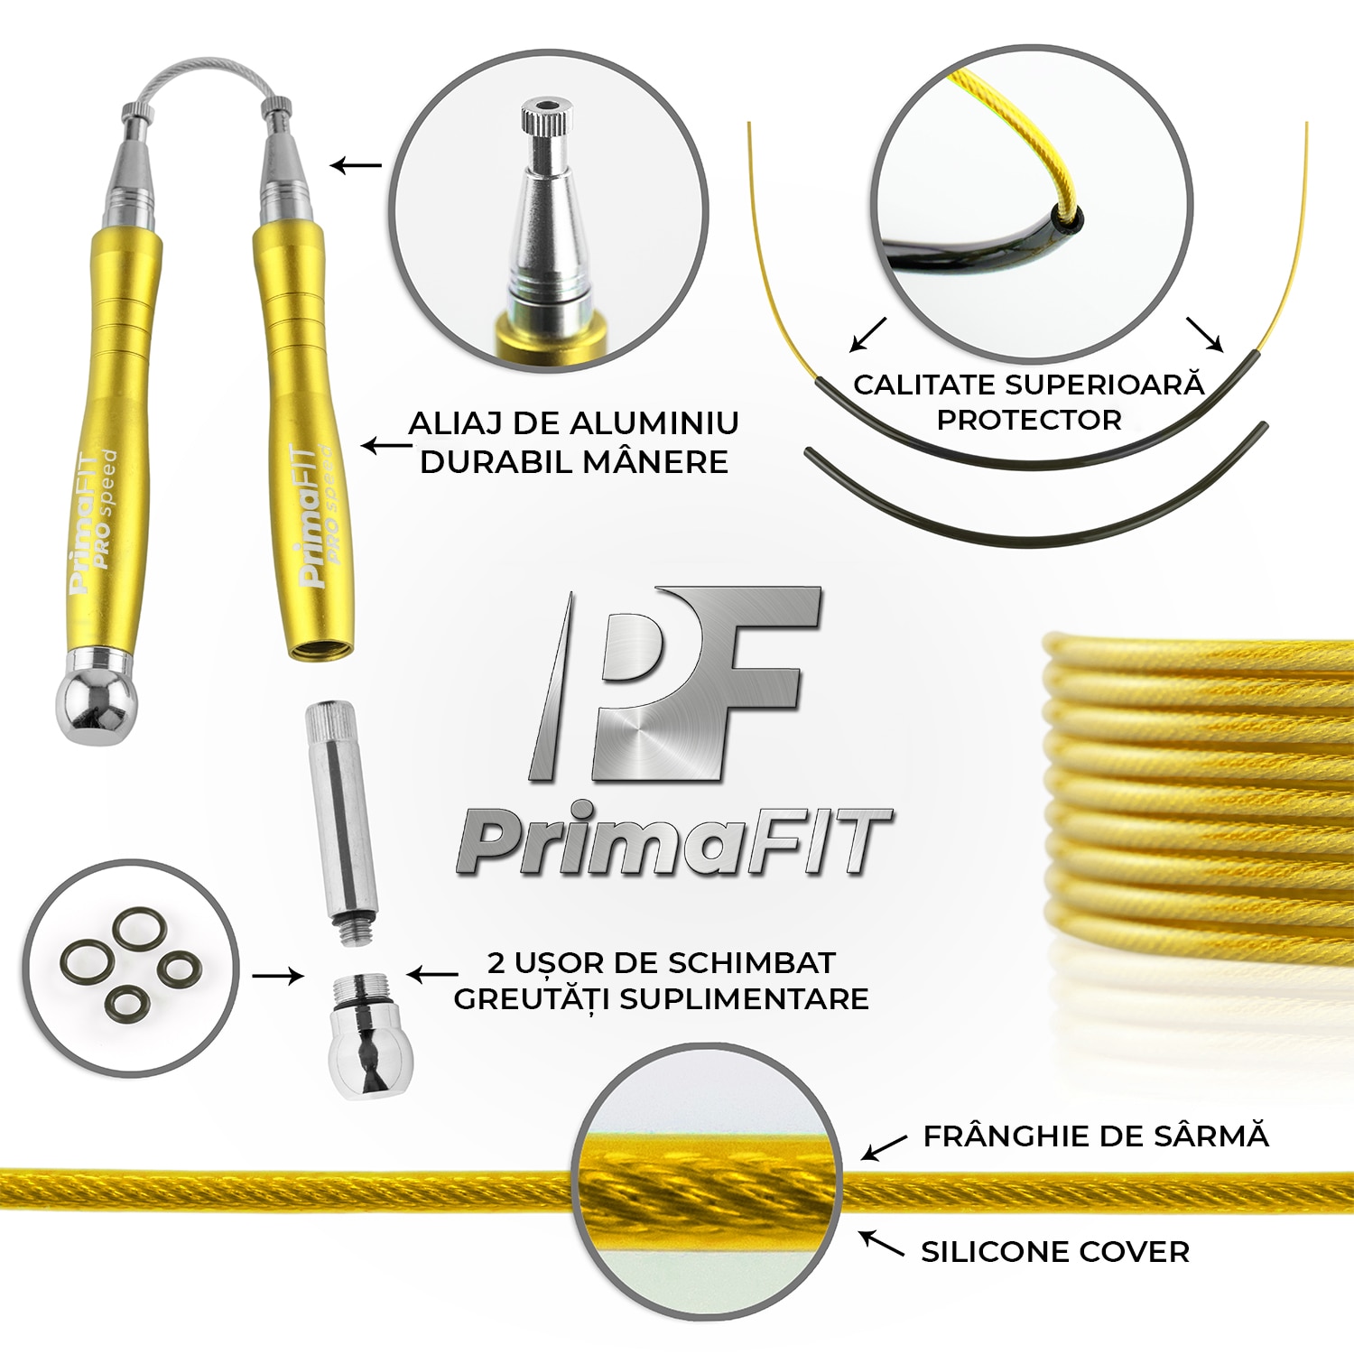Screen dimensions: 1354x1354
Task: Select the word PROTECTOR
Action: tap(1029, 420)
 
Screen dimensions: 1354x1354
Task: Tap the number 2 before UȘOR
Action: tap(496, 963)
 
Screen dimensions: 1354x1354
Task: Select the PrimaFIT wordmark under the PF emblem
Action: tap(675, 842)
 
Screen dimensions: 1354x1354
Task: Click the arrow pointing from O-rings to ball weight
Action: tap(277, 976)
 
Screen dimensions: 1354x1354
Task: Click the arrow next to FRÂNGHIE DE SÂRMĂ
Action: tap(884, 1147)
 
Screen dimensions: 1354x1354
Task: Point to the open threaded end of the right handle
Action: tap(320, 648)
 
